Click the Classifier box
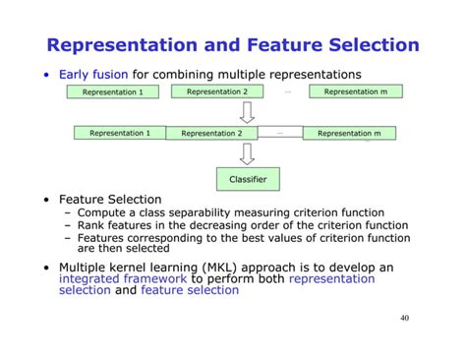[247, 179]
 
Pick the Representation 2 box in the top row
[217, 91]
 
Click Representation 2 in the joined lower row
[211, 133]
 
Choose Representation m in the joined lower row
[348, 133]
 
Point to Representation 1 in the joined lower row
[120, 133]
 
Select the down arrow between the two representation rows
[247, 112]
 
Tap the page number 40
[405, 319]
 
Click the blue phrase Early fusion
[94, 74]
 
